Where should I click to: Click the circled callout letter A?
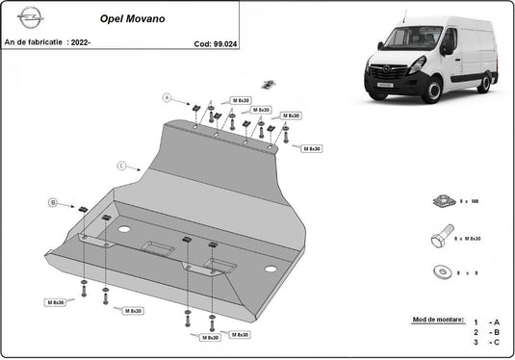coord(166,97)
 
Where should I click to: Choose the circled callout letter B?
coord(53,202)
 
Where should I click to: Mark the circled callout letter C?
coord(121,166)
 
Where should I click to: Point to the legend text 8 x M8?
coord(472,202)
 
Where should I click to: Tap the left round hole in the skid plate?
coord(123,230)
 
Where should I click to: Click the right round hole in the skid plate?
coord(270,269)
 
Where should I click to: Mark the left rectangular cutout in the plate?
coord(158,248)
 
